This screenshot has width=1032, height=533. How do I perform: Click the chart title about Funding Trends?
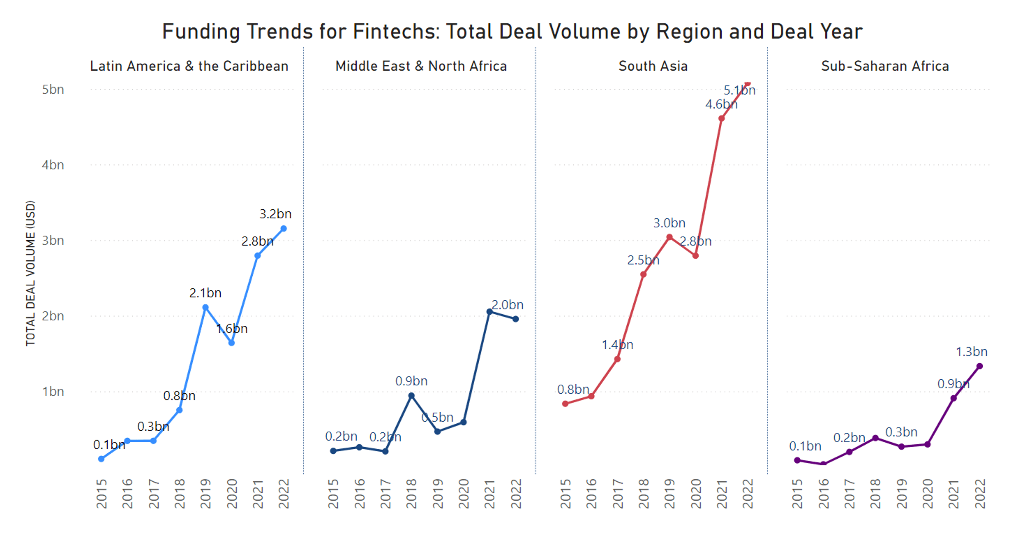coord(512,31)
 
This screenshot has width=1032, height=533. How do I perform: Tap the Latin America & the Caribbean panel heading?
coord(189,66)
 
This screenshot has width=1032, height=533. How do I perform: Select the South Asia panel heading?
coord(653,66)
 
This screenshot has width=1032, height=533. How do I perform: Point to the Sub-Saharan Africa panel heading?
coord(885,66)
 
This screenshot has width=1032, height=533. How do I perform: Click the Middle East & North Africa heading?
coord(421,66)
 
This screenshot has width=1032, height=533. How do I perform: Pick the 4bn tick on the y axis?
coord(53,165)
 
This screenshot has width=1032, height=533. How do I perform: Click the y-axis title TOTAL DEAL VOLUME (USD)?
coord(30,273)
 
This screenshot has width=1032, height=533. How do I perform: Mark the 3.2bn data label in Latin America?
coord(275,214)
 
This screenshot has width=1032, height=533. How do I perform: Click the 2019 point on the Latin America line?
coord(206,307)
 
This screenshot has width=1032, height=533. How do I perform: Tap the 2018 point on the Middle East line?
coord(411,396)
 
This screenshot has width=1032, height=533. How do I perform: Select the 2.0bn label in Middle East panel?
coord(507,305)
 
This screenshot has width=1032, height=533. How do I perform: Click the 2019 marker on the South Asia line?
coord(669,237)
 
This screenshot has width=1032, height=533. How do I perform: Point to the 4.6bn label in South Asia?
coord(721,104)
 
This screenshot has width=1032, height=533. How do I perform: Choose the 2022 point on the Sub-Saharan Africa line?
coord(980,366)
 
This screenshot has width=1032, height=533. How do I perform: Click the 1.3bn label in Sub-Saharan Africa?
coord(972,352)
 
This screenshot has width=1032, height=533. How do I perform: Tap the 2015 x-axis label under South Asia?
coord(565,494)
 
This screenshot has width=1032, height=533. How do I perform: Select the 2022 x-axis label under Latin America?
coord(284,494)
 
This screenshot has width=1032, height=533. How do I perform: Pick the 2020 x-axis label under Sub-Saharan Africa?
coord(927,494)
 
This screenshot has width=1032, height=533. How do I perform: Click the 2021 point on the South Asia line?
coord(722,118)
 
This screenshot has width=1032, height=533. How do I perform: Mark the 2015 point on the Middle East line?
coord(334,451)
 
